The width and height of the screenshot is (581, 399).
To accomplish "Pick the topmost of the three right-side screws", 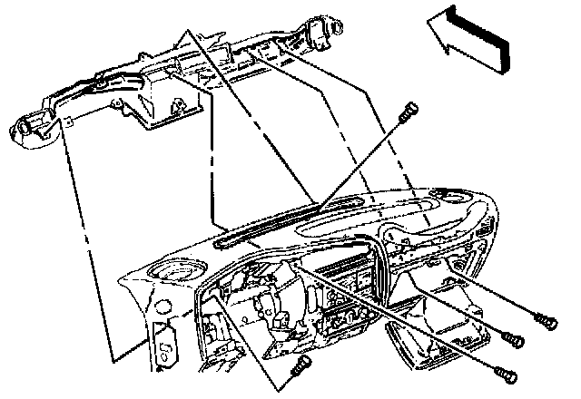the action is tap(544, 320).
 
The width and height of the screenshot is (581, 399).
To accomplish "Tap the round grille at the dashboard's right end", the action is tap(451, 196).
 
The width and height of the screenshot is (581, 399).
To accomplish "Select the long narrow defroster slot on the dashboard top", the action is tap(272, 223).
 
